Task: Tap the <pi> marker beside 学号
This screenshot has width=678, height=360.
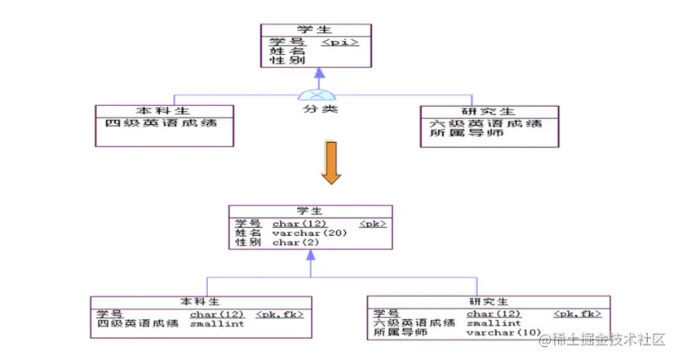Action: coord(340,41)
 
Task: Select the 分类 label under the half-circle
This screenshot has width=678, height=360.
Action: coord(319,108)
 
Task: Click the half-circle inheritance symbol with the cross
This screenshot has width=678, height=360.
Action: coord(319,92)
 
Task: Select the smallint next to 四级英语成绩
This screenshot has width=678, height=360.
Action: coord(216,323)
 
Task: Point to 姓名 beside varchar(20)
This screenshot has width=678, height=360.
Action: coord(247,233)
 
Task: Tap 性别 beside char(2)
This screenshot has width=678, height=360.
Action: coord(247,242)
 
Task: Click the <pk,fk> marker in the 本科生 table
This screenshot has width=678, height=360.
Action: coord(280,313)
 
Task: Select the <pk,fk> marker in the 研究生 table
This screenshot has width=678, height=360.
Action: coord(578,313)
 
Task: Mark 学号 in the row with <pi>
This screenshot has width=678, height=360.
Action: coord(286,41)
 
